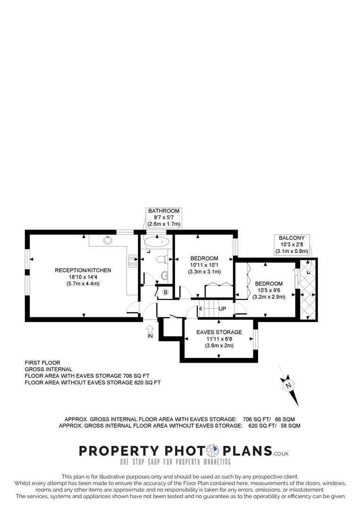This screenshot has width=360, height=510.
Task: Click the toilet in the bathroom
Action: click(x=161, y=259)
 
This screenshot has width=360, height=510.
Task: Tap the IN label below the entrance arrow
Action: click(x=150, y=336)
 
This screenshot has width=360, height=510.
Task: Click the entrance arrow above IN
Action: click(x=150, y=328)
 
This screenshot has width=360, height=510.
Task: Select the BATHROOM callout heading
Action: click(x=163, y=211)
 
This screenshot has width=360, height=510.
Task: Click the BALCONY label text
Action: click(x=291, y=238)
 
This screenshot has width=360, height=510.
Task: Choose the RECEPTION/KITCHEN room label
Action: click(x=83, y=270)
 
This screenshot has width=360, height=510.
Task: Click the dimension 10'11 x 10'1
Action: click(x=204, y=265)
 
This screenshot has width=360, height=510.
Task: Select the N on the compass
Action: click(x=287, y=386)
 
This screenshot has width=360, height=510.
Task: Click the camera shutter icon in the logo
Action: click(x=215, y=450)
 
